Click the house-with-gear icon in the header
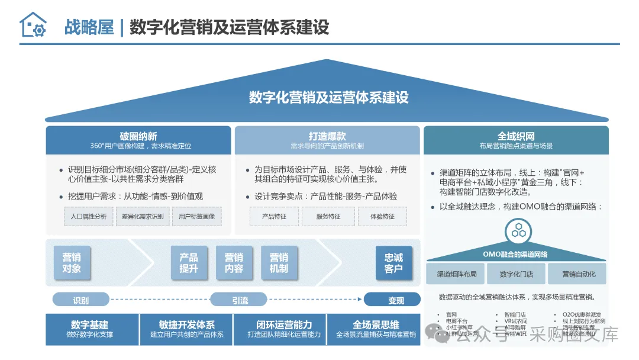(33, 25)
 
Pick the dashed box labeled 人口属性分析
(89, 217)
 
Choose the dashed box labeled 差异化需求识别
(143, 217)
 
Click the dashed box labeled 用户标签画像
(196, 217)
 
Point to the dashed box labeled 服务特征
(328, 217)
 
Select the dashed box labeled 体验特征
(382, 217)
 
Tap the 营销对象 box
(72, 263)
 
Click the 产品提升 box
(189, 263)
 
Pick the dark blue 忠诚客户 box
(393, 263)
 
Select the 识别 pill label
(81, 300)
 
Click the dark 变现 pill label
(396, 300)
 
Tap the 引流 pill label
(240, 300)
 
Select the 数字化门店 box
(516, 274)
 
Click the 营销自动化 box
(579, 274)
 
